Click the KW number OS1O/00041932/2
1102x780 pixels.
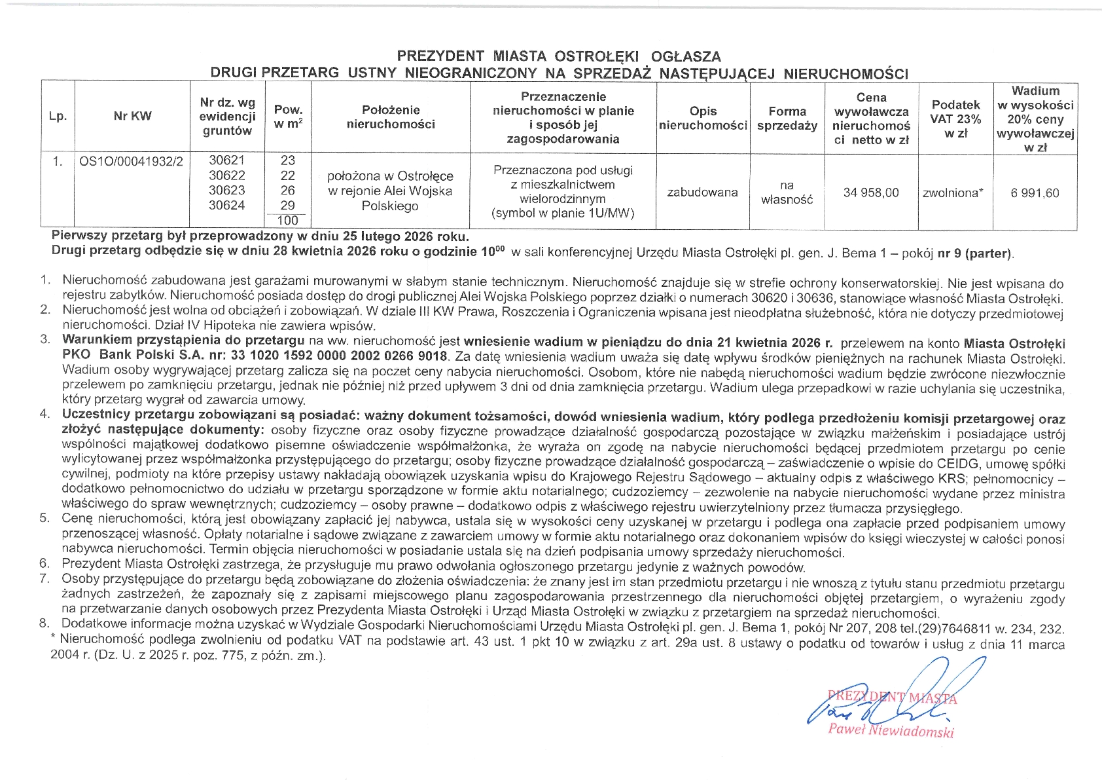(x=131, y=161)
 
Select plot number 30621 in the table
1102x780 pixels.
(x=226, y=160)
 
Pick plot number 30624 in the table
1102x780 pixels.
(x=226, y=206)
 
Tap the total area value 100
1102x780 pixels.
(x=287, y=221)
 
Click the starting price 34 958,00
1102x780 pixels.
(x=871, y=193)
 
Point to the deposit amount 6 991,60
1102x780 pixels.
(x=1035, y=193)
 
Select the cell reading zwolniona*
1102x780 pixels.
(x=953, y=193)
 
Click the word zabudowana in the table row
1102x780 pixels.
(x=702, y=193)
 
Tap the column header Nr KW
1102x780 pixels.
(x=132, y=117)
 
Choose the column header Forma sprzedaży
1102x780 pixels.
(x=787, y=119)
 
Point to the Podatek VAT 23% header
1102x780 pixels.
(x=955, y=119)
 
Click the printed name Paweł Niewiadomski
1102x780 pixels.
(x=891, y=730)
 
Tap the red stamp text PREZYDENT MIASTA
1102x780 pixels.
(x=891, y=697)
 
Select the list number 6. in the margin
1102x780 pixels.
(x=44, y=564)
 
